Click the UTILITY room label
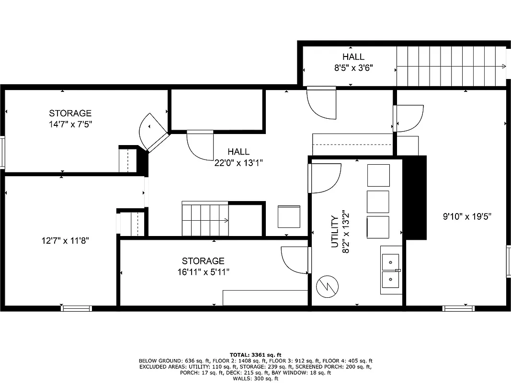(x=334, y=232)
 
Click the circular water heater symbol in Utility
(x=328, y=286)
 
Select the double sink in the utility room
(x=391, y=270)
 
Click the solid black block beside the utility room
(x=415, y=197)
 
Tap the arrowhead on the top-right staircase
(x=504, y=66)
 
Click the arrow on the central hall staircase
(x=226, y=220)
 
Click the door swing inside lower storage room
(x=294, y=261)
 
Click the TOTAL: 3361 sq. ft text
(x=255, y=355)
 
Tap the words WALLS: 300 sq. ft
(x=255, y=379)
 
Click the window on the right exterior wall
(x=508, y=261)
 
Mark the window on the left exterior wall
(x=2, y=152)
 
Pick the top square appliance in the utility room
(x=378, y=175)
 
